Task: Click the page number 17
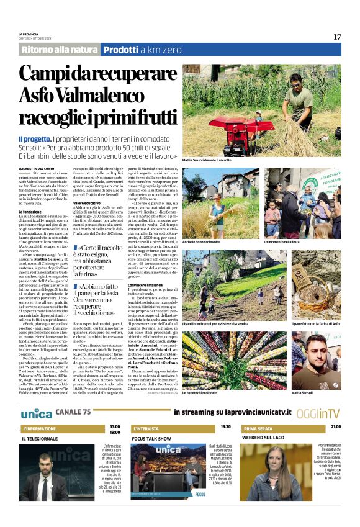[x=337, y=37]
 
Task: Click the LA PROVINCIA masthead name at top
[x=29, y=34]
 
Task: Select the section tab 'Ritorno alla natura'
[x=59, y=50]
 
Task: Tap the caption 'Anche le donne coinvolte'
[x=203, y=241]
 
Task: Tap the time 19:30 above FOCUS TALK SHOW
[x=225, y=427]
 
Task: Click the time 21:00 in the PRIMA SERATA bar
[x=335, y=427]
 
